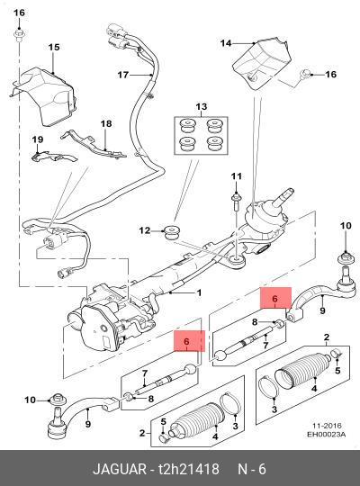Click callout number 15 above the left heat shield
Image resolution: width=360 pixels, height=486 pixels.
point(54,47)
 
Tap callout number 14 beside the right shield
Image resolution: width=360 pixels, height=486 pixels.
point(226,43)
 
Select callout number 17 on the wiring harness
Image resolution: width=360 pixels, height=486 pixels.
point(122,75)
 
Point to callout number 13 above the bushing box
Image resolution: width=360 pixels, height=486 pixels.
point(202,106)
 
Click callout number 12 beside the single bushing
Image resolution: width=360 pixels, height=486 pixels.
point(145,230)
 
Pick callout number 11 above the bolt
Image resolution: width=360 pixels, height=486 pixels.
point(237,176)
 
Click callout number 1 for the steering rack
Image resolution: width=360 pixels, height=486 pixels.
point(199,292)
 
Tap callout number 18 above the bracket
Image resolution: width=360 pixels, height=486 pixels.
point(106,123)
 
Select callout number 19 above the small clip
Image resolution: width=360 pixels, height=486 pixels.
point(38,139)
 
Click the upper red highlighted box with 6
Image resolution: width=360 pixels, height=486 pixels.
point(275,298)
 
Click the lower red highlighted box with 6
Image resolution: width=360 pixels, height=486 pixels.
point(189,341)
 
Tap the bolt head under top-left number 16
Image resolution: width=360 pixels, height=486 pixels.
point(19,33)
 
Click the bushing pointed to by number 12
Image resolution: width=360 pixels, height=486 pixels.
point(173,233)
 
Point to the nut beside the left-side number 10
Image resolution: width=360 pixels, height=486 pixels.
point(58,399)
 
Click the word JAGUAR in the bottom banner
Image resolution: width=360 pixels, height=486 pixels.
point(120,469)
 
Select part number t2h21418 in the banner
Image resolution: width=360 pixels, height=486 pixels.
point(189,469)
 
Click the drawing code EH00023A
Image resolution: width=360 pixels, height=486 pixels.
point(326,434)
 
